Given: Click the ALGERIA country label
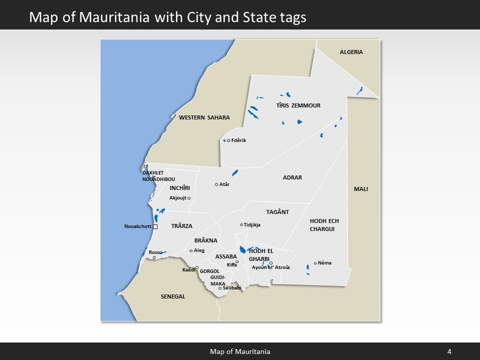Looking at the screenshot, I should click(x=351, y=52).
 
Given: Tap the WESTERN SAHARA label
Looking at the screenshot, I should click(x=204, y=117).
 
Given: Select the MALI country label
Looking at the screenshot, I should click(x=360, y=189).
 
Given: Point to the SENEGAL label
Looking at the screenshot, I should click(x=173, y=296).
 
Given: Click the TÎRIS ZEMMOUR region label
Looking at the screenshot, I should click(x=298, y=105).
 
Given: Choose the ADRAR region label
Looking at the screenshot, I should click(x=292, y=177).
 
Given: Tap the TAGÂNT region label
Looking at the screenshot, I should click(x=277, y=212).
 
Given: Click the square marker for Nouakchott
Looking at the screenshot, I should click(x=155, y=226).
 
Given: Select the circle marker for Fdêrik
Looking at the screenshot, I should click(x=228, y=140).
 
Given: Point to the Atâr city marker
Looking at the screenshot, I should click(x=216, y=184).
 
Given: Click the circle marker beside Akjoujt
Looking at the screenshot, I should click(x=189, y=198).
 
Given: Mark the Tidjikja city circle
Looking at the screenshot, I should click(x=241, y=225).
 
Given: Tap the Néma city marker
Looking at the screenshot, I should click(x=315, y=263).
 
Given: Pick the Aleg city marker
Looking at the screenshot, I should click(x=191, y=250).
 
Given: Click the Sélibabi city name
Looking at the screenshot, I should click(x=232, y=288).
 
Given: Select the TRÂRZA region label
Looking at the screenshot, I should click(x=181, y=226).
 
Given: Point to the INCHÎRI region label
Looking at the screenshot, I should click(x=180, y=188).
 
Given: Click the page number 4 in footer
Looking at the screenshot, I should click(x=449, y=351).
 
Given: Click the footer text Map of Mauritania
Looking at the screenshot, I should click(x=240, y=351).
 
